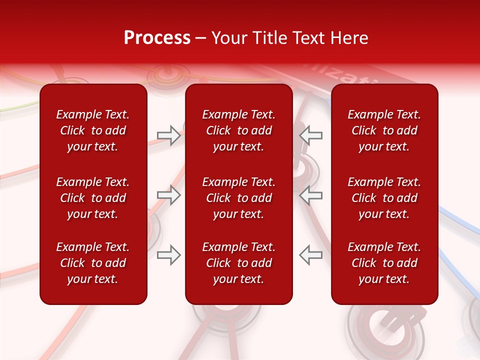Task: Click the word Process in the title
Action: [x=157, y=38]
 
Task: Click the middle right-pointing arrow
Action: [x=168, y=195]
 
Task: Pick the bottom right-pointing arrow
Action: [x=168, y=254]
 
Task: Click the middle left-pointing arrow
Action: [x=311, y=195]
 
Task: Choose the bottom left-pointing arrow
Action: [x=311, y=254]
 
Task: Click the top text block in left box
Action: [x=93, y=130]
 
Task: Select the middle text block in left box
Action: [x=93, y=198]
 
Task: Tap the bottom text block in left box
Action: [x=93, y=263]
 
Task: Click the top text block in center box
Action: [x=238, y=130]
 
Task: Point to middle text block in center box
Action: [x=238, y=198]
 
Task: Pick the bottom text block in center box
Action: [x=238, y=263]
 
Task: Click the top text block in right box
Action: [x=384, y=130]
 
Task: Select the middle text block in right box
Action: [x=384, y=198]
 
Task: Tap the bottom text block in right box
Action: [x=384, y=263]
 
